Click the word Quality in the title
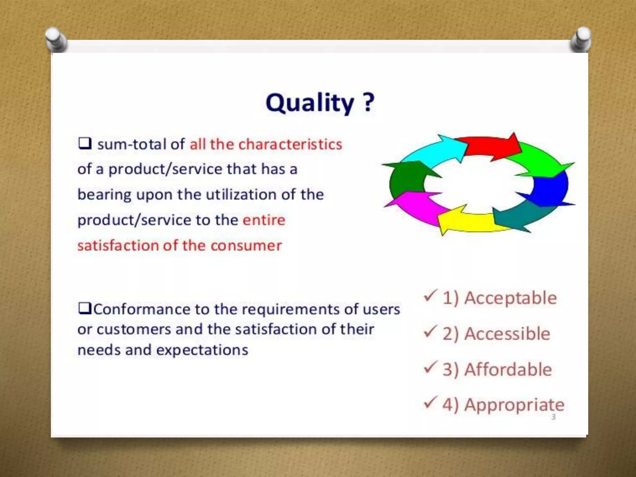coord(310,103)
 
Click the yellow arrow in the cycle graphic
coord(466,222)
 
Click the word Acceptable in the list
coord(510,298)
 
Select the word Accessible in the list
coord(507,334)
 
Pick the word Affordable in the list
coord(508,370)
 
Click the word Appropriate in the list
coord(514,405)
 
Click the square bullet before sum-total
coord(84,143)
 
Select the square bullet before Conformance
coord(84,308)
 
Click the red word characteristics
coord(290,144)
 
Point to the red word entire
coord(264,220)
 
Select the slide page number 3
coord(553,417)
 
